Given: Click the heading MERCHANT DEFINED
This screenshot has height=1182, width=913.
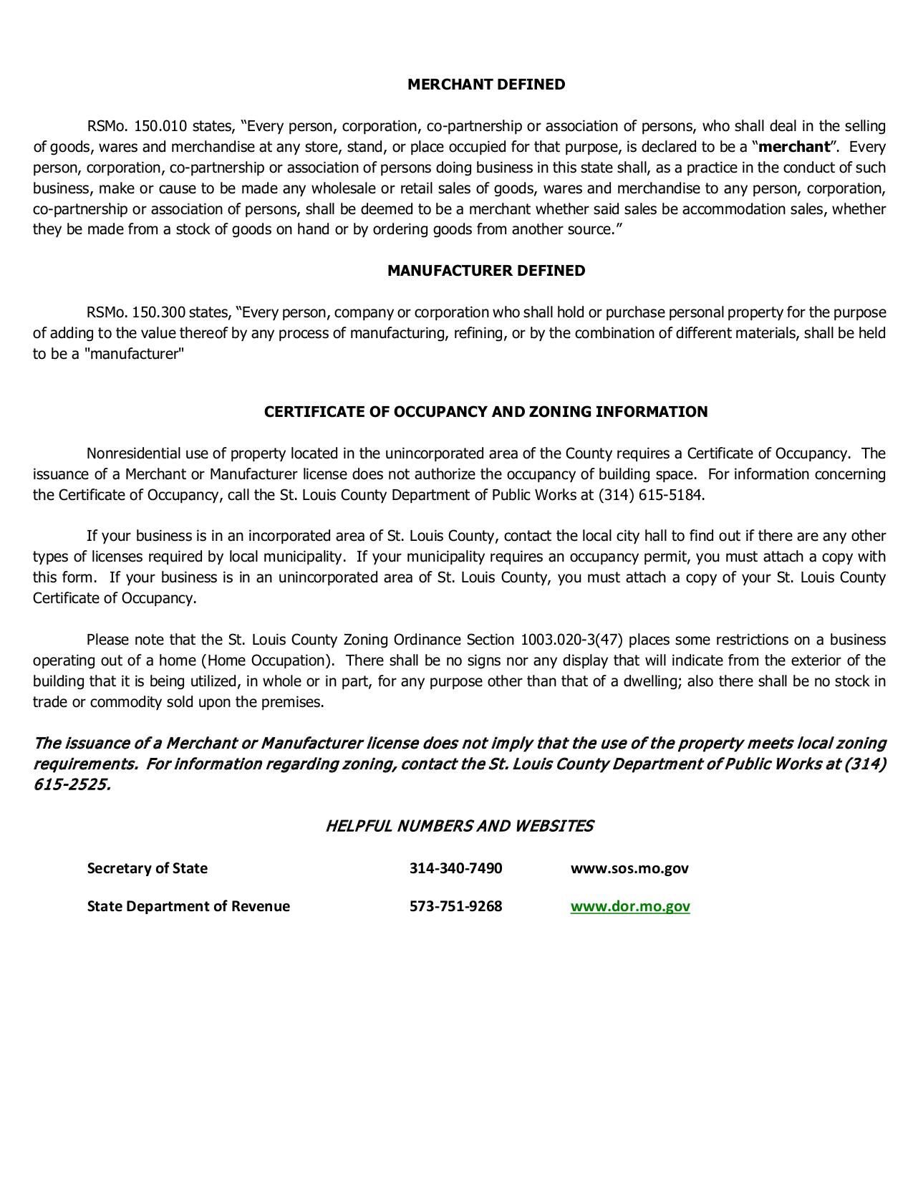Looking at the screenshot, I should point(486,85).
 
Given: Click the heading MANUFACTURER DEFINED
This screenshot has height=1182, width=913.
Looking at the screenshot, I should point(486,271).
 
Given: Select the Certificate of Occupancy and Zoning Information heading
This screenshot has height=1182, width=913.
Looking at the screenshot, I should point(486,412).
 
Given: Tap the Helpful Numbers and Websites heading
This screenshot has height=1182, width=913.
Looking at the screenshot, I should point(459,826).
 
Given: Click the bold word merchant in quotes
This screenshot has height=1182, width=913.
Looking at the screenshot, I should point(793,147).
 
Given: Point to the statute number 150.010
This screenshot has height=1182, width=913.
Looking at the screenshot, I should point(160,127).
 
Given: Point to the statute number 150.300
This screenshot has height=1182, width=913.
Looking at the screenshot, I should point(159,313).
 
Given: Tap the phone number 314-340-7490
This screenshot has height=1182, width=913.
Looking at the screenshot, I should point(455,868).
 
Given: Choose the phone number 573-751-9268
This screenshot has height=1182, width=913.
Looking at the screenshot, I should point(455,906).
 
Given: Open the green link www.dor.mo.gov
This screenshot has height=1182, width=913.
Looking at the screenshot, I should point(630,906).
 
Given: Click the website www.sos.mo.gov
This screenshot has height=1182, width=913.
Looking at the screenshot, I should point(629,868).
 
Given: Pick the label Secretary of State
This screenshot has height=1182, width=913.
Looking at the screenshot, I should point(147,868).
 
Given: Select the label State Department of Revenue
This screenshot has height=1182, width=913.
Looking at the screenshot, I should point(188,906).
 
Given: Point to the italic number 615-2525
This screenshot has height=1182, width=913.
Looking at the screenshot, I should point(72,784).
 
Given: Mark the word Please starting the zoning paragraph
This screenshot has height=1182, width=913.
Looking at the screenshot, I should point(107,640).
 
